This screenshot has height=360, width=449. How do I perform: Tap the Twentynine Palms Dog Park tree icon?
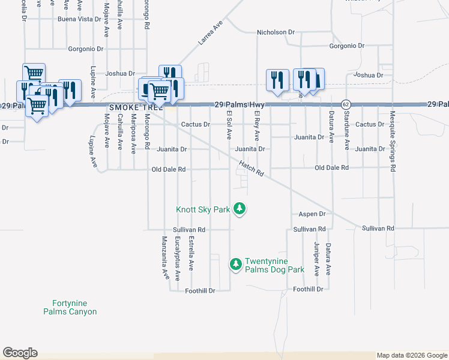[x=236, y=264]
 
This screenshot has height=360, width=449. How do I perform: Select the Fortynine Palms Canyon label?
[x=70, y=307]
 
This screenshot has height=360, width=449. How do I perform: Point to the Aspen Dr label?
[x=312, y=214]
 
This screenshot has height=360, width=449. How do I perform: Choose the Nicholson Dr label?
[x=276, y=32]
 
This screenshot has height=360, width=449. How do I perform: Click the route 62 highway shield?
[x=346, y=104]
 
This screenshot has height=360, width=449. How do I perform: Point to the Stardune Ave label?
[x=346, y=133]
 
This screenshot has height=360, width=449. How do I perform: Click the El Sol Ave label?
[x=229, y=125]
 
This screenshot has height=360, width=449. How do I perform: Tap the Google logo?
[x=20, y=353]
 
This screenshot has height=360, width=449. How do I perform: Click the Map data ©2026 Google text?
[x=412, y=355]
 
